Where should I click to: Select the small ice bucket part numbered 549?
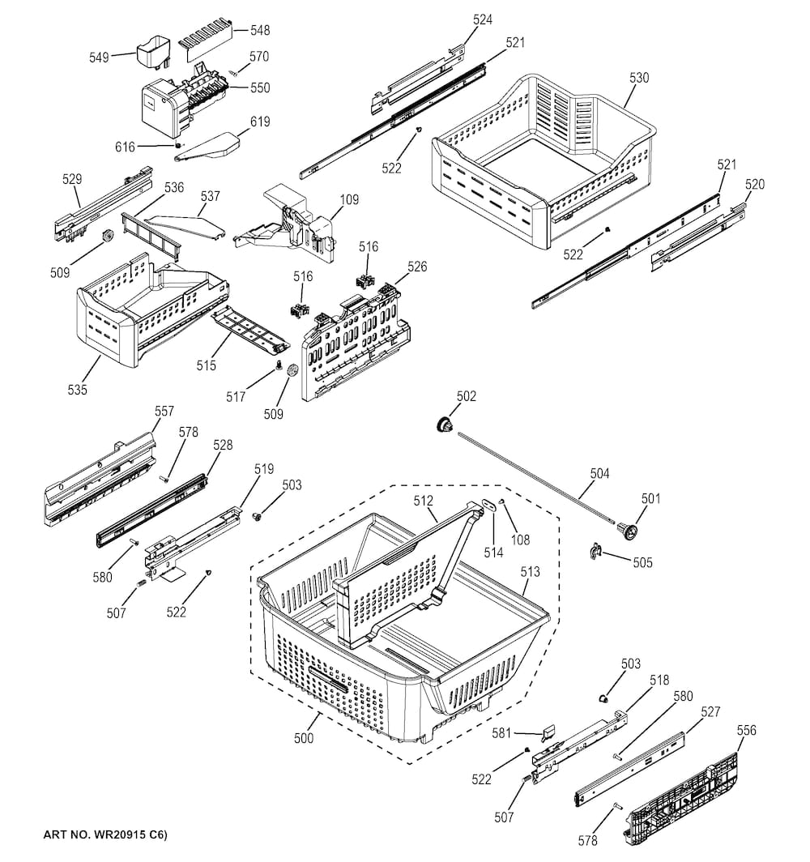pos(151,51)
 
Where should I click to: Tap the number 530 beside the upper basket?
pos(639,78)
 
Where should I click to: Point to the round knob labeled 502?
pos(444,425)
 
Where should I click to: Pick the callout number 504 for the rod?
pos(599,473)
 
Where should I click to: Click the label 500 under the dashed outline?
pos(305,738)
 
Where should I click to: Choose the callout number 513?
pos(530,571)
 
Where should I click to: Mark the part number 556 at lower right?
pos(746,730)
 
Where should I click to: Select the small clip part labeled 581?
pos(548,732)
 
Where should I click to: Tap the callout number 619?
pos(259,122)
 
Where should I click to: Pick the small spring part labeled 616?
pos(177,146)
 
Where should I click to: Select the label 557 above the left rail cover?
pos(164,412)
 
